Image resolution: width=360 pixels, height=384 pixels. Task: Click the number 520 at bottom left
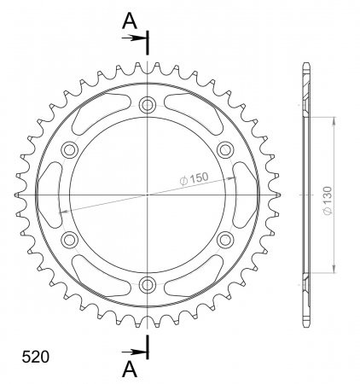pyautogui.click(x=36, y=357)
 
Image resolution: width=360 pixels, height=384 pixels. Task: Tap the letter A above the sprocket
pyautogui.click(x=130, y=21)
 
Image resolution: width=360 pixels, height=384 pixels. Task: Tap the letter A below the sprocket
pyautogui.click(x=130, y=369)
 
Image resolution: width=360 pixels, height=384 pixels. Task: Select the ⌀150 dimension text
pyautogui.click(x=194, y=178)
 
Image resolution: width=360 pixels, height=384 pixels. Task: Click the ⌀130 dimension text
pyautogui.click(x=328, y=201)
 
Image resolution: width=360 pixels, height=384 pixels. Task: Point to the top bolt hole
pyautogui.click(x=148, y=105)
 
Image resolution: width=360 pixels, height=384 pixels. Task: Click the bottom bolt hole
pyautogui.click(x=148, y=283)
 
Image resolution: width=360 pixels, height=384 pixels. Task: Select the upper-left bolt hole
pyautogui.click(x=70, y=149)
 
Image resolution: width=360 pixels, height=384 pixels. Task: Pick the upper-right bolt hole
pyautogui.click(x=224, y=149)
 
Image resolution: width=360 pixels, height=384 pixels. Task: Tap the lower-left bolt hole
pyautogui.click(x=70, y=239)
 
